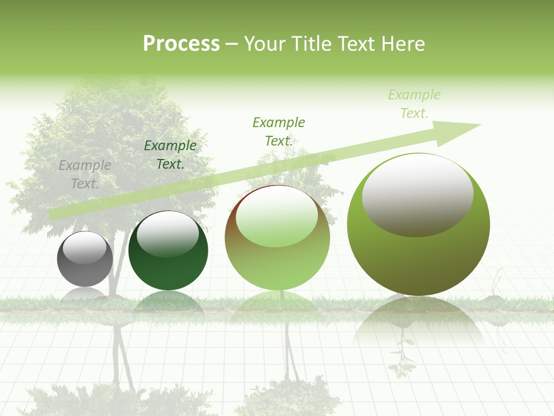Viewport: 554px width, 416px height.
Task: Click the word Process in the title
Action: coord(181,43)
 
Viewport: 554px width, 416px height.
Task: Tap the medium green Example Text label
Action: coord(279,132)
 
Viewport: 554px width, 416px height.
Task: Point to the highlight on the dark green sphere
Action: coord(167,233)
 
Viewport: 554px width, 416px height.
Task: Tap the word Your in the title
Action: coord(265,43)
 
